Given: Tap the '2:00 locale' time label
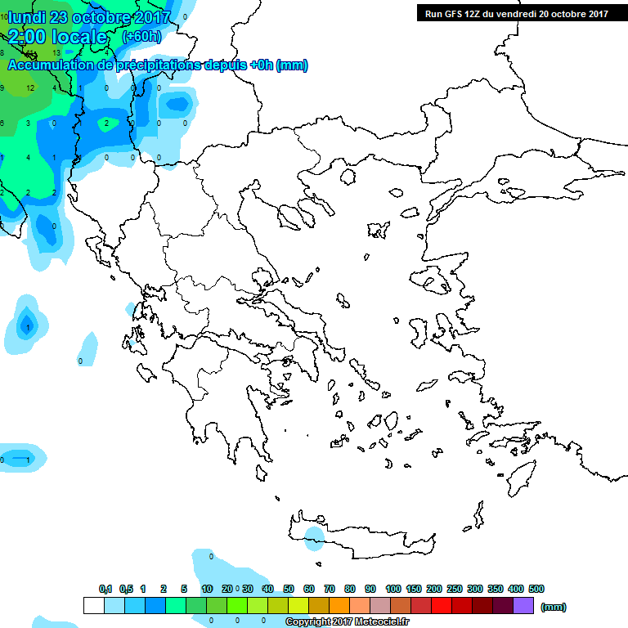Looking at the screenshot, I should (x=57, y=37).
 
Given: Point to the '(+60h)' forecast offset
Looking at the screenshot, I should (x=141, y=37).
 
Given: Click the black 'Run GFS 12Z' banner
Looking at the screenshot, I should (x=516, y=13).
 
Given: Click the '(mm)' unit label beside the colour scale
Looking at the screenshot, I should (x=554, y=607).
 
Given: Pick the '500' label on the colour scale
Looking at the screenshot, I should (x=536, y=589).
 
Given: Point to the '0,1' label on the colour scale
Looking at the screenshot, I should (x=105, y=589).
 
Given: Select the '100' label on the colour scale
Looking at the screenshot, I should (x=392, y=589).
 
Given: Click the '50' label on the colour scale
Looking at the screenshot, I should (x=289, y=589).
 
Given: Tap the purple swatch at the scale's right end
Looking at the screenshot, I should (x=524, y=606).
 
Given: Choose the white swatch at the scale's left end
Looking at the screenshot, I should (x=94, y=606).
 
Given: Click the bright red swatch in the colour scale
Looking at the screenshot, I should (x=442, y=606).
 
